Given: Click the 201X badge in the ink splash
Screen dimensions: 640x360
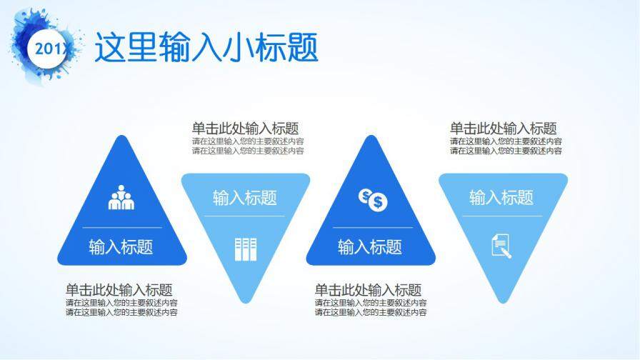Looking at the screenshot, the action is (x=49, y=49).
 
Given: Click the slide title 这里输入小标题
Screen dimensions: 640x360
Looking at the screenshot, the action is (x=206, y=47).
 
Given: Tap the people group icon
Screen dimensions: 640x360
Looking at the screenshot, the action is (x=121, y=198).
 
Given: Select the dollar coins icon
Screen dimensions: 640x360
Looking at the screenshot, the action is (x=373, y=200).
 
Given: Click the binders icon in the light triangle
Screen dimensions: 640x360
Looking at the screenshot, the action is (x=246, y=249).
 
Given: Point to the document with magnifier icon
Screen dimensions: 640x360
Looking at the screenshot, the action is (x=501, y=246).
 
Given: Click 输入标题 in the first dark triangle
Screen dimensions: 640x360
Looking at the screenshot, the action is (x=121, y=247).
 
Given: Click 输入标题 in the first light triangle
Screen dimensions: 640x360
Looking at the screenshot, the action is (x=245, y=198).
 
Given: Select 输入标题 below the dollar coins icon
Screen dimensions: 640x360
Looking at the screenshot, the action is (x=370, y=247).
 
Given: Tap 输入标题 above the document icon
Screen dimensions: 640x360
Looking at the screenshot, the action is (x=501, y=198).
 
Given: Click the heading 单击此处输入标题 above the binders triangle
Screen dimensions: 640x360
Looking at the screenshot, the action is (x=245, y=129).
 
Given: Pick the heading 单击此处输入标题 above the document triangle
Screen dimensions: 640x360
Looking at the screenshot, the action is (x=504, y=129).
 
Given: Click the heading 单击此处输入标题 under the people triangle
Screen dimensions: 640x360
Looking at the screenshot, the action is (x=119, y=290).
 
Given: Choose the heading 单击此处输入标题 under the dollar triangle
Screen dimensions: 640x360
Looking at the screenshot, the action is (x=368, y=290).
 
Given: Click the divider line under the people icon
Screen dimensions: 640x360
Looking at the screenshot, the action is (x=122, y=227).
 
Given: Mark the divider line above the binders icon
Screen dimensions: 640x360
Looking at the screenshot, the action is (x=244, y=216).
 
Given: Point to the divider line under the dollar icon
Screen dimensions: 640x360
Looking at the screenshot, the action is (x=373, y=227).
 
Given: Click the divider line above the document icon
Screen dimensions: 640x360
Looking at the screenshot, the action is (x=502, y=216).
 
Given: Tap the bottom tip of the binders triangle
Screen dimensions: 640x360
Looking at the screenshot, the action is (x=246, y=304).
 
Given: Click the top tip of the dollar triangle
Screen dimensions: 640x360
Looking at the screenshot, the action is (x=371, y=135).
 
